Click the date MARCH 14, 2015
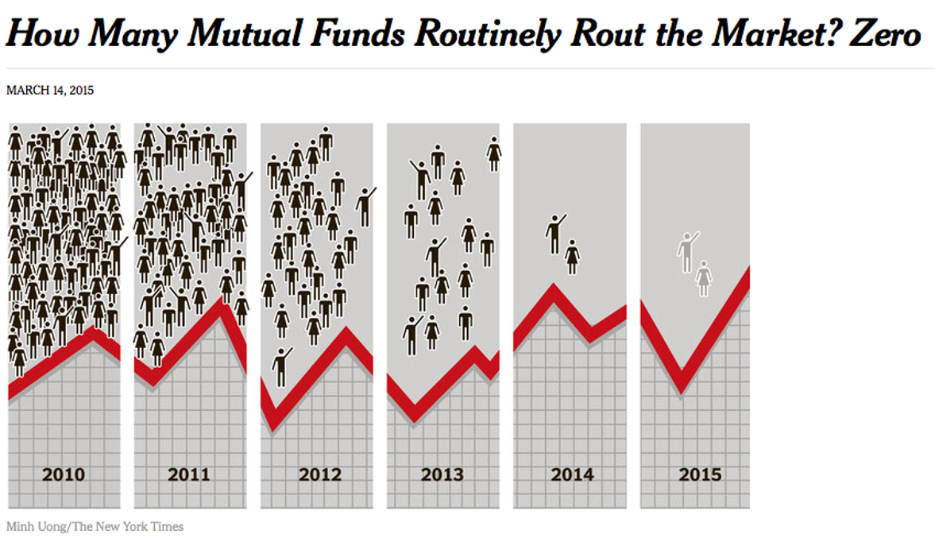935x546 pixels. click(x=50, y=91)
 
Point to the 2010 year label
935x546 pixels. click(x=64, y=474)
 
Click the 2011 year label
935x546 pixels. click(x=189, y=474)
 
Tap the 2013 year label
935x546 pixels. click(x=442, y=474)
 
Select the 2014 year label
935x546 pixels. click(x=572, y=474)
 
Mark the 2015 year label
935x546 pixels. click(x=700, y=474)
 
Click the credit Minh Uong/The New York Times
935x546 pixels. click(x=95, y=526)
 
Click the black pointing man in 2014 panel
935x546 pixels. click(x=555, y=234)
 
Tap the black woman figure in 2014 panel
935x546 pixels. click(x=572, y=257)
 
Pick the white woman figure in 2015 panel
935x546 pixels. click(x=703, y=278)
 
